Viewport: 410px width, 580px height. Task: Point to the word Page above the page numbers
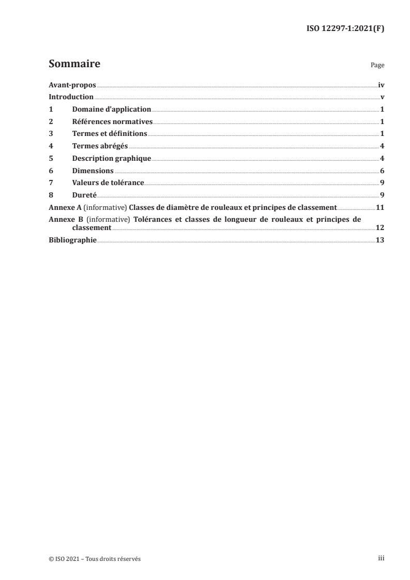click(377, 66)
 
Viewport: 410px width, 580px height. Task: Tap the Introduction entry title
click(71, 97)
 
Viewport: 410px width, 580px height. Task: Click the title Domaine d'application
click(112, 110)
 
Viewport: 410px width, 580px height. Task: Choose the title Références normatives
click(113, 122)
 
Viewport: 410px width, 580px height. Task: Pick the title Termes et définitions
click(110, 134)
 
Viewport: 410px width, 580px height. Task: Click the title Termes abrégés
click(100, 146)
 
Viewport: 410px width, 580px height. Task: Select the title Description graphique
click(112, 158)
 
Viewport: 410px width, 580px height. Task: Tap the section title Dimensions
click(93, 171)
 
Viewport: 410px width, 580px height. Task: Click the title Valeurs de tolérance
click(108, 182)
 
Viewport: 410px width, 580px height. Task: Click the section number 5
click(51, 158)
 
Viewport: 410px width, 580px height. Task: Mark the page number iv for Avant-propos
click(381, 85)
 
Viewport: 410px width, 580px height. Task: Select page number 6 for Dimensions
click(382, 171)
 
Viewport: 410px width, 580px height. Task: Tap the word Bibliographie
click(72, 240)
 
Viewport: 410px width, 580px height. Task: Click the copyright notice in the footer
click(95, 559)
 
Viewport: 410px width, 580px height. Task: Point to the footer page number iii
click(381, 559)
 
